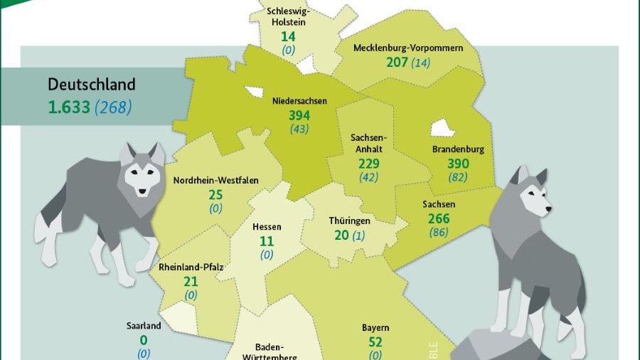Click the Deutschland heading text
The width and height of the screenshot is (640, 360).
91,84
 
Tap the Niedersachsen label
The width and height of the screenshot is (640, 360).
299,101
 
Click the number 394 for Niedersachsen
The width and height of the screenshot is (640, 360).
300,115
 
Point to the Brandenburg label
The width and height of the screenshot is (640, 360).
458,149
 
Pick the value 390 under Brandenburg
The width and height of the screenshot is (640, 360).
458,164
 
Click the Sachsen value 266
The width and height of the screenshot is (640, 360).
439,218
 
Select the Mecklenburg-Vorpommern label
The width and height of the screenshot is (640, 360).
408,48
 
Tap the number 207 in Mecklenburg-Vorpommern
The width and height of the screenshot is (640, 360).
397,62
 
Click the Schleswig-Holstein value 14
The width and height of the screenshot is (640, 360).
288,36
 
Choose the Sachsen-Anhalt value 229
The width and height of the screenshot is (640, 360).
368,164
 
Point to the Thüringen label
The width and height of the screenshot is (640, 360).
349,221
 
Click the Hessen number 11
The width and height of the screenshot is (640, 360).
267,241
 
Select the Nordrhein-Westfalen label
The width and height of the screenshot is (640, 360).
215,180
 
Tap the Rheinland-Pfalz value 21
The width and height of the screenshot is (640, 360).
191,281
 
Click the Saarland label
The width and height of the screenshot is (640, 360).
144,326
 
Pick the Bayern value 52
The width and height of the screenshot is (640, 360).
375,342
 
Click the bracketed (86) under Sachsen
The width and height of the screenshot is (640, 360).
439,231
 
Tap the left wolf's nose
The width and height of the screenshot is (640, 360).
142,191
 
